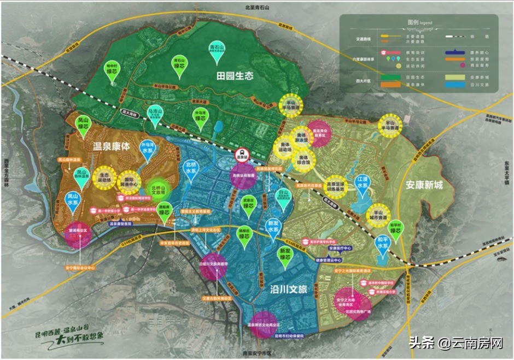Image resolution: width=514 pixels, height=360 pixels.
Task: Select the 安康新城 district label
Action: [x=423, y=185]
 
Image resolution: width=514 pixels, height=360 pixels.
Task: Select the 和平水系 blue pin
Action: [x=382, y=243]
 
